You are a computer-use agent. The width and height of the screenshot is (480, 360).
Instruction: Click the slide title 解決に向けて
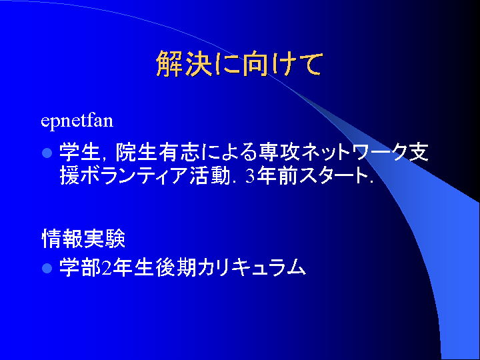pyautogui.click(x=239, y=64)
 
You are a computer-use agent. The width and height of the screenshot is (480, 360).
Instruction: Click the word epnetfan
pyautogui.click(x=77, y=121)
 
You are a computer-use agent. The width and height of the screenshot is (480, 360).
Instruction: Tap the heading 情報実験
pyautogui.click(x=83, y=239)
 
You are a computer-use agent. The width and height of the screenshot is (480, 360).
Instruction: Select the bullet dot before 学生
pyautogui.click(x=47, y=153)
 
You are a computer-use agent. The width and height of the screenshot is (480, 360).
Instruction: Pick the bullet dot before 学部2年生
pyautogui.click(x=47, y=268)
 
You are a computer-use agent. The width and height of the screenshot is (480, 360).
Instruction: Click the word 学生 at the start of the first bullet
pyautogui.click(x=79, y=152)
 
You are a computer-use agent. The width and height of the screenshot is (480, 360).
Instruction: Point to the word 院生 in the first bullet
pyautogui.click(x=136, y=152)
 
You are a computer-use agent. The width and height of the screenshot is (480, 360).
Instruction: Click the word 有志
pyautogui.click(x=179, y=152)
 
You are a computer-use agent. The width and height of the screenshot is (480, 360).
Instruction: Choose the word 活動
pyautogui.click(x=209, y=175)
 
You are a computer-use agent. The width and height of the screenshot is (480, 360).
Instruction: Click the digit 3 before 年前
pyautogui.click(x=250, y=176)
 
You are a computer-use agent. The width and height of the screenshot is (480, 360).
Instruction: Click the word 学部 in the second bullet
pyautogui.click(x=80, y=268)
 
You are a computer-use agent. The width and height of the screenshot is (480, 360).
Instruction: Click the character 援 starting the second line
pyautogui.click(x=69, y=175)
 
